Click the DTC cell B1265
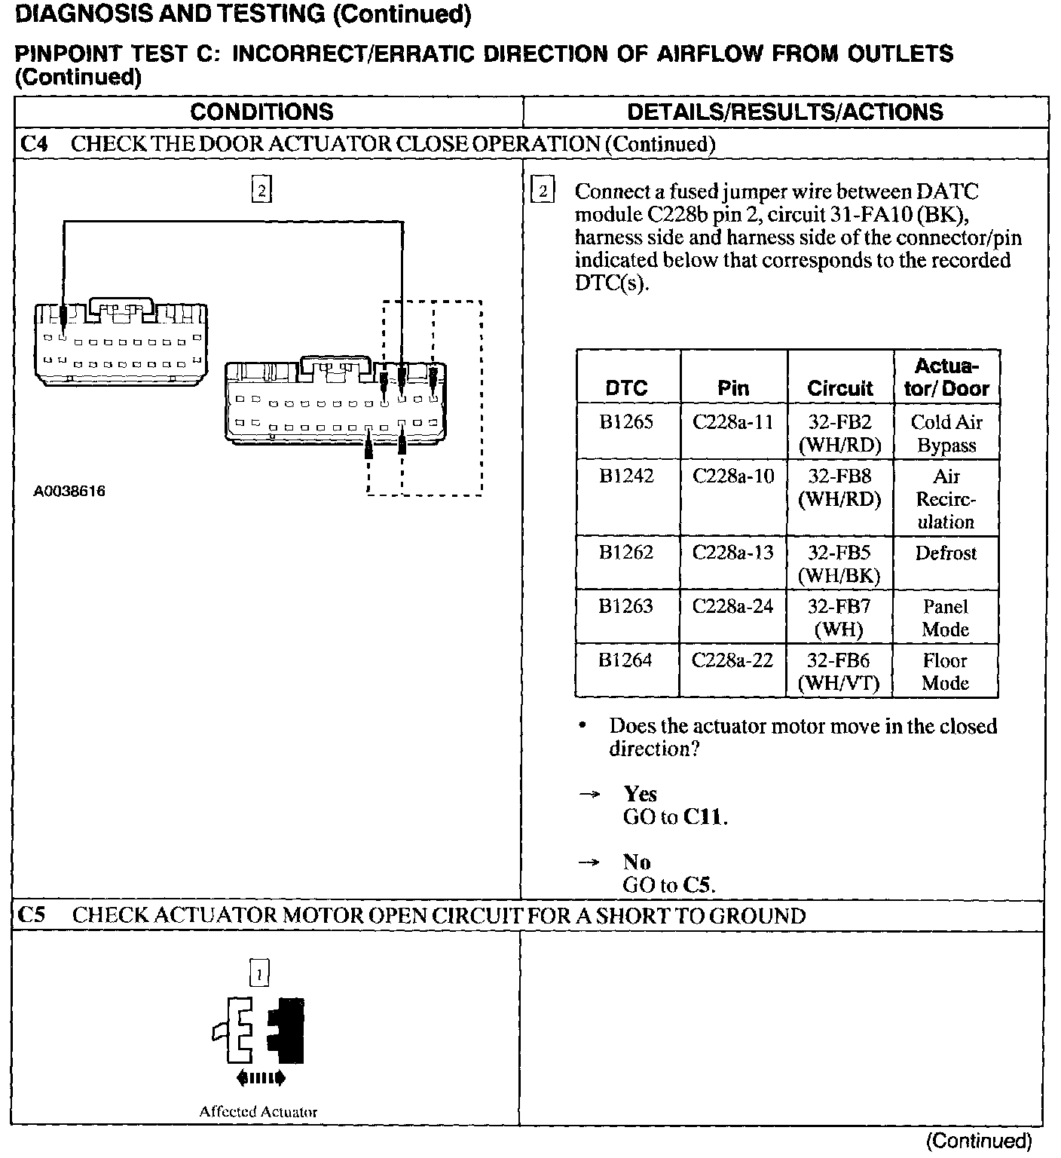tap(626, 422)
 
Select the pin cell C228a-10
tap(733, 476)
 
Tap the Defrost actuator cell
tap(946, 553)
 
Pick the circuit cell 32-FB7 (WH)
tap(839, 617)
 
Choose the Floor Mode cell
tap(945, 672)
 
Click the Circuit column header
tap(839, 388)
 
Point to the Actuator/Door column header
tap(946, 377)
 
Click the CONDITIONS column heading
tap(261, 112)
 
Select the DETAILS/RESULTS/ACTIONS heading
tap(784, 112)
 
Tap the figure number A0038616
tap(69, 492)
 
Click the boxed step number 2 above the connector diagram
tap(261, 190)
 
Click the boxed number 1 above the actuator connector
tap(259, 974)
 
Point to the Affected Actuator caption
tap(258, 1111)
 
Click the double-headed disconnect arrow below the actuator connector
tap(260, 1079)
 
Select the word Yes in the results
tap(640, 794)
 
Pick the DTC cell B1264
tap(625, 660)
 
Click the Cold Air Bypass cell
tap(946, 433)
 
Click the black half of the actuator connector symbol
tap(287, 1029)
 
